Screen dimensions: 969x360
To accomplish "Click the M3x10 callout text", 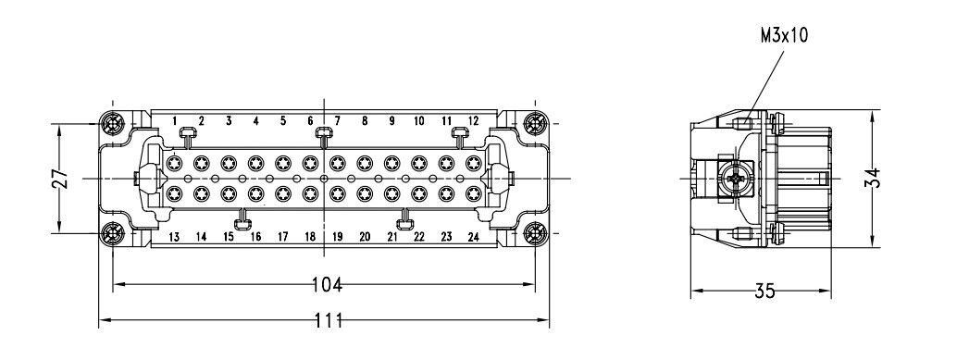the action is tap(784, 36).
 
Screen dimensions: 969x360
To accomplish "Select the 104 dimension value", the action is tap(327, 285).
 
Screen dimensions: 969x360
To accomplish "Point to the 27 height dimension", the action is tap(59, 179).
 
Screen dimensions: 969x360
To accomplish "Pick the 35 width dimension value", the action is tap(764, 291).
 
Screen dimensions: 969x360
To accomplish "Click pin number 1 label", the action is tap(175, 120).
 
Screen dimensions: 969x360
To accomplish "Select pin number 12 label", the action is tap(473, 120).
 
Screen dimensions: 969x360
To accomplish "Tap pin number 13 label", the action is tap(175, 237).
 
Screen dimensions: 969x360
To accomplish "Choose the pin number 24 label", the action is tap(473, 237).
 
